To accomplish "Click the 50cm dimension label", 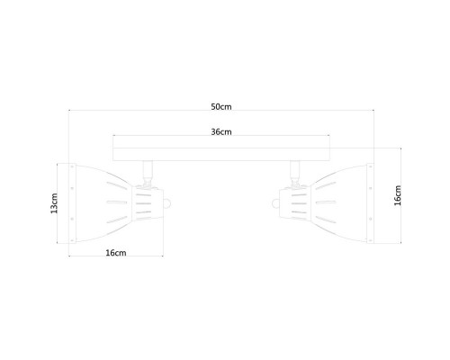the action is pyautogui.click(x=221, y=106).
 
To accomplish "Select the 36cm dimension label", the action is pyautogui.click(x=221, y=131).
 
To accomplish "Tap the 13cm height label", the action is pyautogui.click(x=54, y=203).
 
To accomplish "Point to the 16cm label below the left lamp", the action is pyautogui.click(x=116, y=253).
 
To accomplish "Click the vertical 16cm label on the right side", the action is pyautogui.click(x=398, y=195).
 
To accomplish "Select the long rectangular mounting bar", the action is pyautogui.click(x=221, y=154).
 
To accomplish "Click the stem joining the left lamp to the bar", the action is pyautogui.click(x=148, y=173).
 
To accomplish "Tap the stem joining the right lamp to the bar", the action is pyautogui.click(x=295, y=173).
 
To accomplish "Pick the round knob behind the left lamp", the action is pyautogui.click(x=166, y=203).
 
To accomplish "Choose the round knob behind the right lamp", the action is pyautogui.click(x=275, y=203).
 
